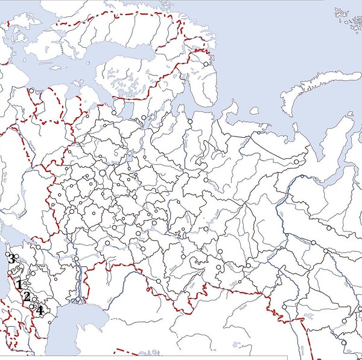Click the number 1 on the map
click(20, 284)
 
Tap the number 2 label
click(27, 296)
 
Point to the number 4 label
click(39, 310)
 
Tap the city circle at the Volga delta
click(78, 299)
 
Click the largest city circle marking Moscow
click(103, 173)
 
